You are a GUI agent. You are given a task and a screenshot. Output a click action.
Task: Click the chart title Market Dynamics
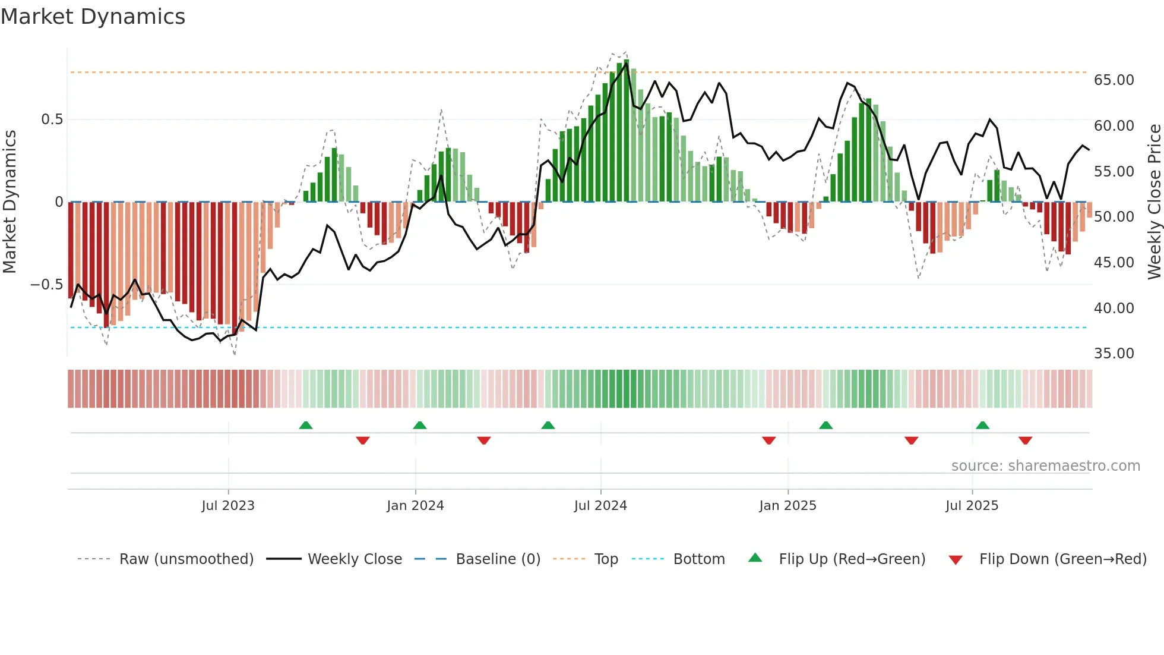coord(93,17)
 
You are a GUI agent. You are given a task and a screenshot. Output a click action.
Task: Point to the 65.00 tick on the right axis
coord(1114,80)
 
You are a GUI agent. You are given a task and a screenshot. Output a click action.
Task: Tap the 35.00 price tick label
coord(1114,354)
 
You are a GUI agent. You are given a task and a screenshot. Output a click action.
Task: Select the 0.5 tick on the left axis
coord(52,119)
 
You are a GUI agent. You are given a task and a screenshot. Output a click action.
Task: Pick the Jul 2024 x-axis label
coord(600,506)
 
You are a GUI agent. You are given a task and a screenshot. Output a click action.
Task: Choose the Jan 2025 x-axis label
coord(787,506)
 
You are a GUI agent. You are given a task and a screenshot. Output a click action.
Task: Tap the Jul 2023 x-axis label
coord(228,506)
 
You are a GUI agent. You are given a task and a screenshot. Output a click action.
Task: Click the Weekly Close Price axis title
coord(1154,202)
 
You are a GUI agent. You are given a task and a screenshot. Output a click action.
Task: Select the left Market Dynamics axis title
coord(10,202)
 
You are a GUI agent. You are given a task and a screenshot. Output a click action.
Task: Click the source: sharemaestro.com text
coord(1045,466)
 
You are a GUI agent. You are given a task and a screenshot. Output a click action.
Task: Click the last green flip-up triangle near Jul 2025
coord(982,425)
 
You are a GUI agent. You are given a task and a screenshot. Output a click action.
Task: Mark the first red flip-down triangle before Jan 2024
coord(363,440)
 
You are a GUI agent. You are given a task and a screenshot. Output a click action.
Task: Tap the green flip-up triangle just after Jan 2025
coord(825,425)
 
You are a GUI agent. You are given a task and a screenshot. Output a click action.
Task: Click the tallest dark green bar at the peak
coord(627,131)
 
